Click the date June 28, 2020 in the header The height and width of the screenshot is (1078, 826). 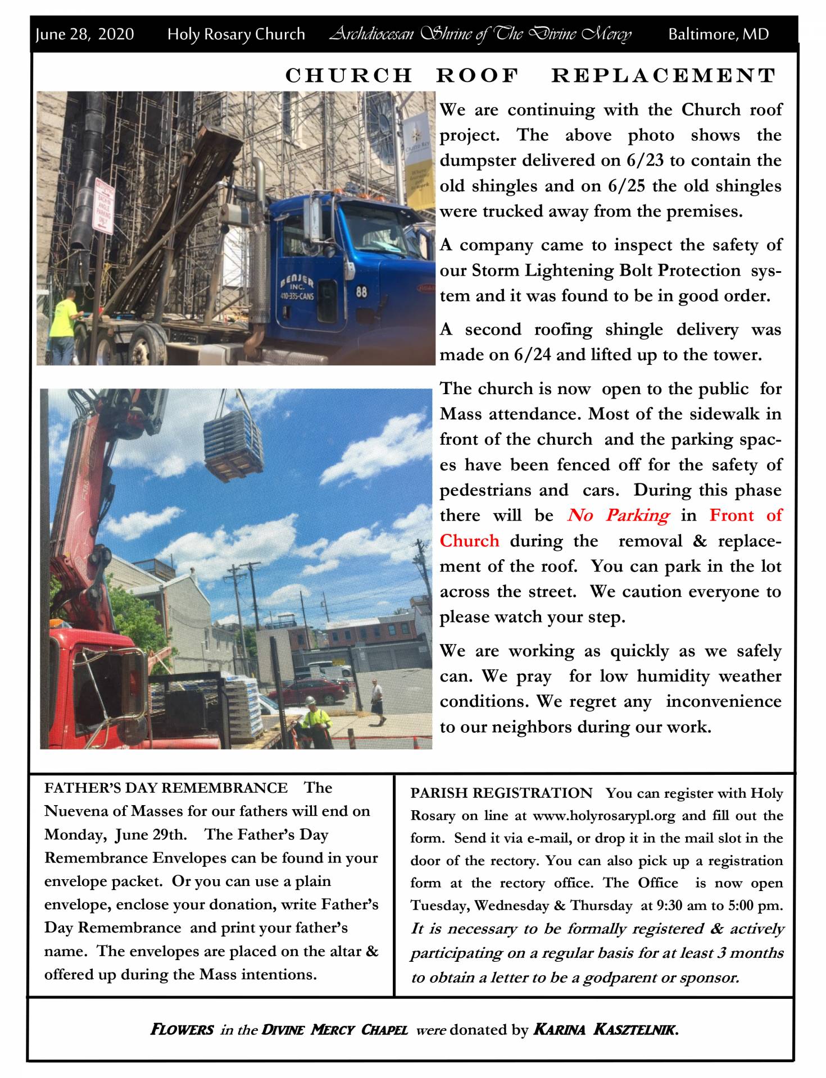click(x=85, y=34)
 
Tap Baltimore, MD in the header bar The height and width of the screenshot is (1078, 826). click(x=718, y=34)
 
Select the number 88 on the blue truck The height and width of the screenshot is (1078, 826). click(x=361, y=292)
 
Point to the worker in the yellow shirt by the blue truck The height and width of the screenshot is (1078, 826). click(x=64, y=320)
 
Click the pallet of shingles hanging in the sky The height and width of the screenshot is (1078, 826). click(x=233, y=443)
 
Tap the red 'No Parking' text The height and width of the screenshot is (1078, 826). click(x=618, y=515)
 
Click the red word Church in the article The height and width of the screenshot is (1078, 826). click(x=469, y=541)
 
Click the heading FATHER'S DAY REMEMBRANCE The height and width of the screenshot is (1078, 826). click(x=166, y=788)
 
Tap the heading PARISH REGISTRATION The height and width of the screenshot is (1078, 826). click(x=501, y=793)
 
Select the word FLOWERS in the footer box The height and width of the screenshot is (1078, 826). click(x=182, y=1029)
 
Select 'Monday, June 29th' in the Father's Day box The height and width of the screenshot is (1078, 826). click(x=115, y=834)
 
